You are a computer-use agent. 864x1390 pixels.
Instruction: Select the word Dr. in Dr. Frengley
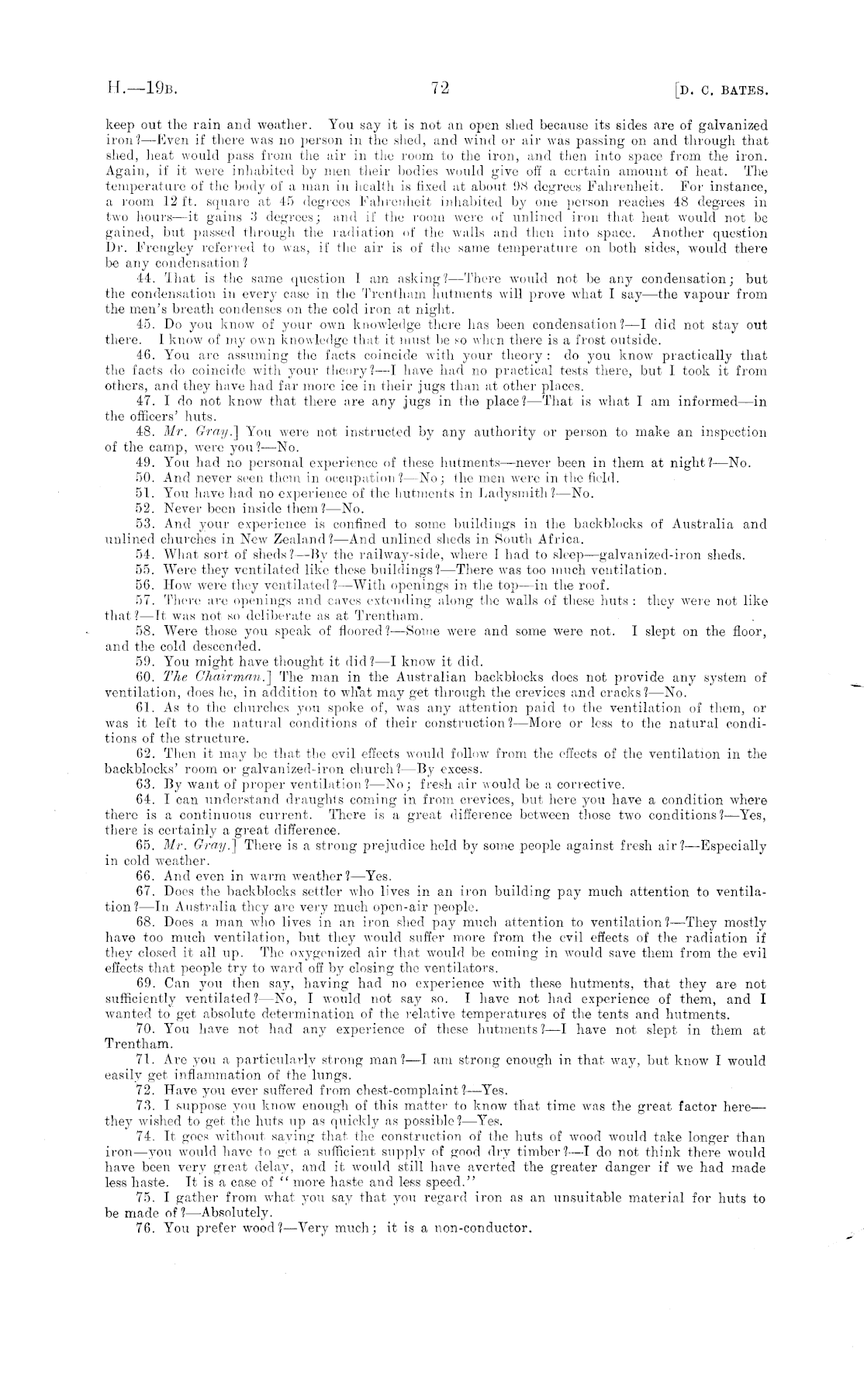tap(114, 249)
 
